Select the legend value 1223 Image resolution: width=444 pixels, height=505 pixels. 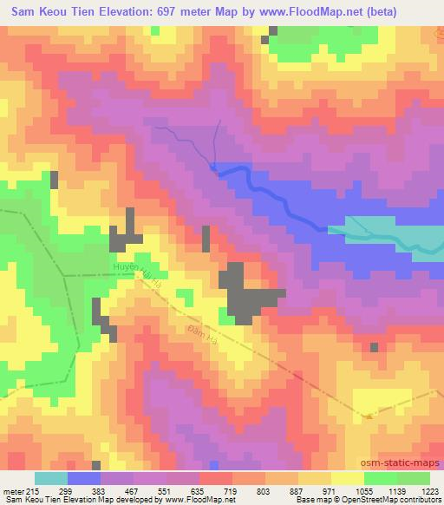point(429,490)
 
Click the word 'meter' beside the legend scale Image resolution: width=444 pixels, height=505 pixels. point(13,490)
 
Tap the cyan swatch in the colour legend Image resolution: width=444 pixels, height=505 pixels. point(50,478)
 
